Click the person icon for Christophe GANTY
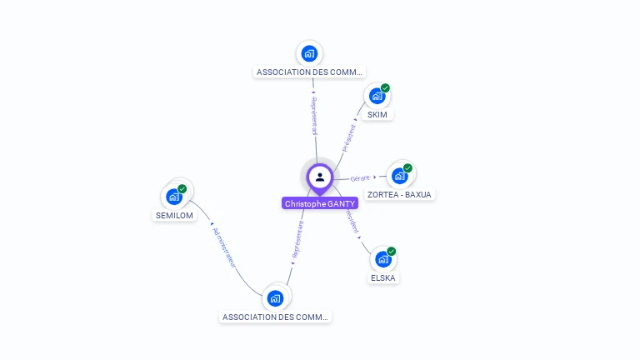[320, 177]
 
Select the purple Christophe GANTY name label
[320, 203]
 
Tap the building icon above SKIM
[377, 96]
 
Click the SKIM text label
[377, 114]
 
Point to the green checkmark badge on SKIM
[385, 87]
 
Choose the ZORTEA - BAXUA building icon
[400, 176]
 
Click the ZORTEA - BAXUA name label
[400, 194]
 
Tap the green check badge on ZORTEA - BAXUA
[407, 167]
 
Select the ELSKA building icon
[383, 259]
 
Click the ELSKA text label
[383, 277]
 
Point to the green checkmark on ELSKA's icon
[391, 251]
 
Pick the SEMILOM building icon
[174, 197]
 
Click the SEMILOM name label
[174, 215]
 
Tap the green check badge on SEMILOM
[182, 188]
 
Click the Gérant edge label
[360, 178]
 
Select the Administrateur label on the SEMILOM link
[224, 247]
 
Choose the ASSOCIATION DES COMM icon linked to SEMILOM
[276, 297]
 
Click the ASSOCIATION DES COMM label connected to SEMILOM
[276, 317]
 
